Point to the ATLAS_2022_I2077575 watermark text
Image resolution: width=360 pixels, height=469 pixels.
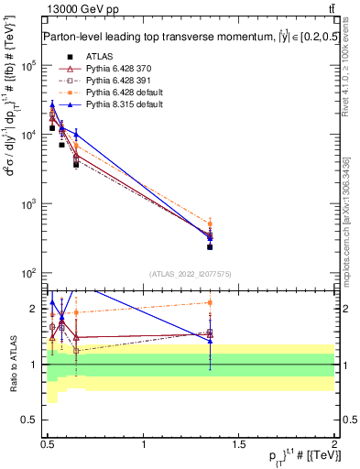[x=191, y=274]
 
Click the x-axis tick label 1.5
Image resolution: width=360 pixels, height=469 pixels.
[x=239, y=449]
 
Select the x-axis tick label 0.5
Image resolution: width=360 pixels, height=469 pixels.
[x=49, y=449]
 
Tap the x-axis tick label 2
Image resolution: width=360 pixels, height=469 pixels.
[x=334, y=449]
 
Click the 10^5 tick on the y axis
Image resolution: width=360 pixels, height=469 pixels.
[x=30, y=65]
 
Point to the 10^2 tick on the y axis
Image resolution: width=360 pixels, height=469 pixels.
[x=30, y=273]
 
